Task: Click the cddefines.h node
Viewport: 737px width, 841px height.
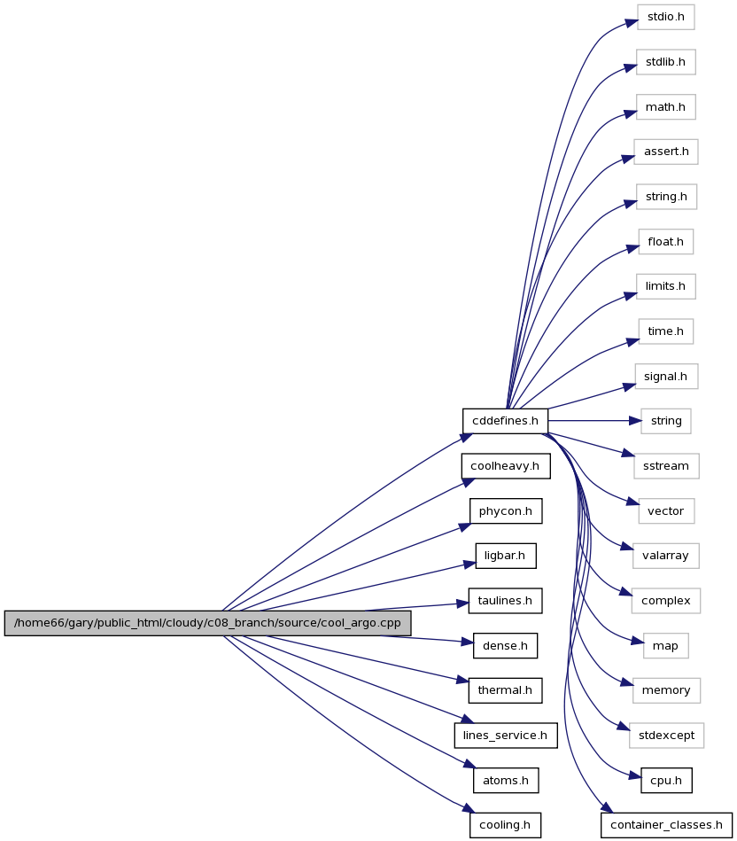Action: (505, 420)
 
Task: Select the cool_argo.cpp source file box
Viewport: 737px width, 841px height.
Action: (207, 623)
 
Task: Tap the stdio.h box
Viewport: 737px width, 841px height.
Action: (666, 17)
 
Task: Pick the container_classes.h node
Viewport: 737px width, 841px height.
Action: (666, 825)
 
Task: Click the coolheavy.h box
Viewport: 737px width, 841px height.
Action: (506, 465)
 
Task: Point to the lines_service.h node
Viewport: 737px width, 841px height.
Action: (506, 736)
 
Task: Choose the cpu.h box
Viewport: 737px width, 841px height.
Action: (666, 781)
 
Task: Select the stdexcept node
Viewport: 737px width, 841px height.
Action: (667, 736)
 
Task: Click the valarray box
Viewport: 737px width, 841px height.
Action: (666, 556)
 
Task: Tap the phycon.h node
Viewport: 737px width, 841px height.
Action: (506, 510)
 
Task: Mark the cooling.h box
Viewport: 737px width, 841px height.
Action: (505, 825)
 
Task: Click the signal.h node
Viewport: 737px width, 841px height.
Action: (666, 376)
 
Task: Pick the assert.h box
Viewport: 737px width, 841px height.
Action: (666, 152)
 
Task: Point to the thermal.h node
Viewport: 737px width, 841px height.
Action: (506, 690)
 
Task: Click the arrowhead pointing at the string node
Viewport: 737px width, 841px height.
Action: (635, 421)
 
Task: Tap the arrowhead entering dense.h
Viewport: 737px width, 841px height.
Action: (467, 642)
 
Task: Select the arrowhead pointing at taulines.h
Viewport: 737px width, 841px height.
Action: (462, 603)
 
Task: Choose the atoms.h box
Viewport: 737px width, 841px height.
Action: (506, 781)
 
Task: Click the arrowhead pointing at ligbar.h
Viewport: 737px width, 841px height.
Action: (469, 564)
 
